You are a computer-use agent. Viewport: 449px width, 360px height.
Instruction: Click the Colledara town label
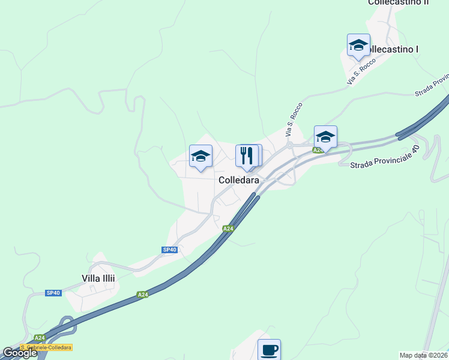coord(239,180)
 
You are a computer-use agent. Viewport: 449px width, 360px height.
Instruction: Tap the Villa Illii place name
coord(98,278)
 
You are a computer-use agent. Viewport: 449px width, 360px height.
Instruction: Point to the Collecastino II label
coord(398,2)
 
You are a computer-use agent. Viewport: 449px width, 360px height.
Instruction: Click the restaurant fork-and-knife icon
coord(247,156)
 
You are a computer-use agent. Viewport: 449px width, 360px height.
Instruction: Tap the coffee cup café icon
coord(269,349)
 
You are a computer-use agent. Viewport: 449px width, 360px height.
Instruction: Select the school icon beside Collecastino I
coord(358,45)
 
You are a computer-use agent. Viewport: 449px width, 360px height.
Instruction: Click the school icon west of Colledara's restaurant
coord(200,157)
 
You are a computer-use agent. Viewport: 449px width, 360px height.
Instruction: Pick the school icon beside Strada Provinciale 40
coord(325,137)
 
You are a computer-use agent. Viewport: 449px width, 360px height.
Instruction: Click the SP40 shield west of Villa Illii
coord(53,293)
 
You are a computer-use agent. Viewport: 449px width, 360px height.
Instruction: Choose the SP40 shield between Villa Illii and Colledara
coord(169,250)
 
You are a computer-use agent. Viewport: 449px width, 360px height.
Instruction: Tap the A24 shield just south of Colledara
coord(228,229)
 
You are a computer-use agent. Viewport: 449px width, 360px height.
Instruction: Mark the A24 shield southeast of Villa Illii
coord(142,295)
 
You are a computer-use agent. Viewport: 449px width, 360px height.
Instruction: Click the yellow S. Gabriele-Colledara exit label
coord(46,347)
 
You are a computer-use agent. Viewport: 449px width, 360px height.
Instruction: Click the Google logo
coord(19,353)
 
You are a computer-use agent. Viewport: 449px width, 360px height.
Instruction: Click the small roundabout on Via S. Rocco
coord(289,145)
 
